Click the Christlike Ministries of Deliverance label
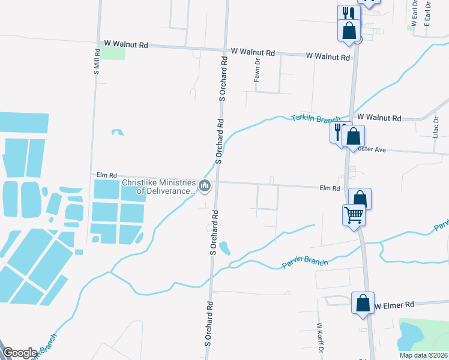158,187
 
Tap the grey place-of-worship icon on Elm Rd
205,187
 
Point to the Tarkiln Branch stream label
316,118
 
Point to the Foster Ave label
375,148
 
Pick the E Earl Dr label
428,13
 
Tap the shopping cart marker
354,214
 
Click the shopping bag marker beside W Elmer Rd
363,303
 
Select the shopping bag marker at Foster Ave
353,137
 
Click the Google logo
20,353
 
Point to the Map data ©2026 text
423,355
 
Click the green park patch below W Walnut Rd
112,53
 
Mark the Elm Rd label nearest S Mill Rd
106,175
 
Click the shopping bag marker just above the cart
360,198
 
